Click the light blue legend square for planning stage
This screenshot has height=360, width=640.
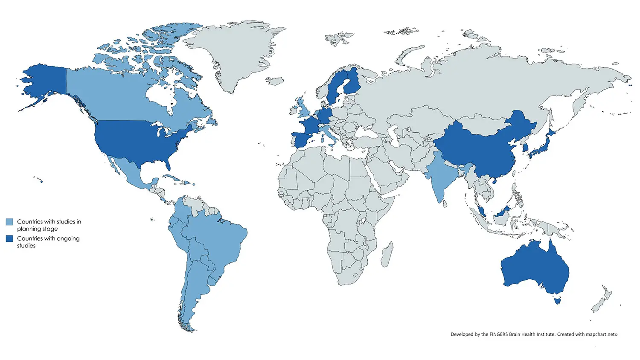(x=9, y=222)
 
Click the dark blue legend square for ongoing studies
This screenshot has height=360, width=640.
(x=9, y=239)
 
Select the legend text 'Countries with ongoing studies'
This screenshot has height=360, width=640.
(x=48, y=242)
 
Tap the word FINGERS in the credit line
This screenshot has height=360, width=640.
(x=498, y=334)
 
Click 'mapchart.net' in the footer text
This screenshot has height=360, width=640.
(x=600, y=334)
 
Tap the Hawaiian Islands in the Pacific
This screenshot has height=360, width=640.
(x=39, y=180)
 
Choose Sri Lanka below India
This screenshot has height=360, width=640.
(x=445, y=204)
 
